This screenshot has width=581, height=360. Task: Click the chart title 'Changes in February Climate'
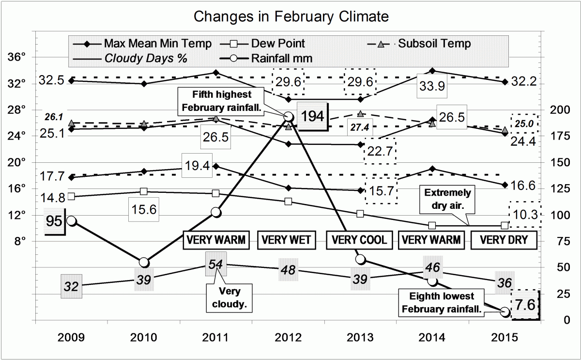(290, 16)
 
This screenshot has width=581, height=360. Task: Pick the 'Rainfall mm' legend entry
(281, 59)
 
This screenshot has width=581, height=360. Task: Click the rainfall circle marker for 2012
(288, 117)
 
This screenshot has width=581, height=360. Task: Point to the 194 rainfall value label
(313, 116)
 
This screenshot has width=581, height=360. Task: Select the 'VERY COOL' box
(359, 240)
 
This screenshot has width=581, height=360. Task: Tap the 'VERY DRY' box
(504, 240)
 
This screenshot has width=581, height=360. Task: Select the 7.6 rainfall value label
(525, 305)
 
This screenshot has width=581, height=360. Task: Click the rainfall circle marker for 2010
(144, 262)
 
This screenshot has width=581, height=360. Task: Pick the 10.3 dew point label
(525, 214)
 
